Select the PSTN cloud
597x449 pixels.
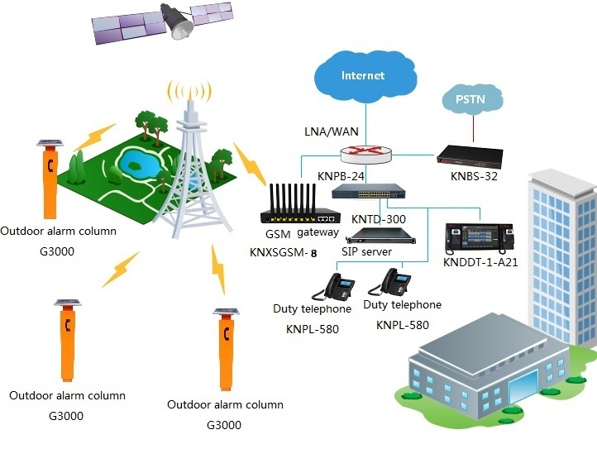pos(471,102)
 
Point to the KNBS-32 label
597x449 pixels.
pos(473,176)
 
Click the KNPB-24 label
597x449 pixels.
pos(340,175)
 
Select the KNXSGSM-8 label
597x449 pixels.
pos(284,252)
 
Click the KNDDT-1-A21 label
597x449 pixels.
pos(480,262)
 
